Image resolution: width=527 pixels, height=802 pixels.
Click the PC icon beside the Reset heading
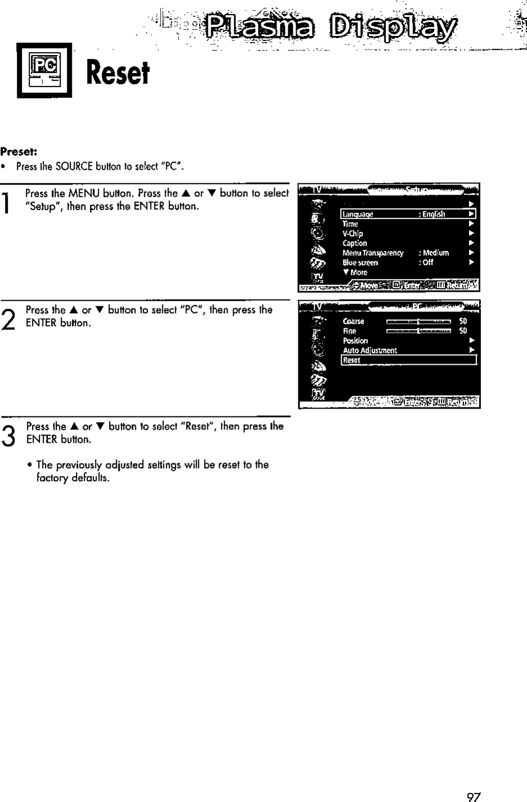coord(44,70)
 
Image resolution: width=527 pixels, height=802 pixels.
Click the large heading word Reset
coord(118,73)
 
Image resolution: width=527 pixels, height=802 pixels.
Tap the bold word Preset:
coord(19,152)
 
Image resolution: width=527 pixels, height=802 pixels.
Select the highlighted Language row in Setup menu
coord(408,214)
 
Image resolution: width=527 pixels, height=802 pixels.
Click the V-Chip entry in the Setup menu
coord(353,233)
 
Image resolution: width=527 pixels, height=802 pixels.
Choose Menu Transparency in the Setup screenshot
coord(373,253)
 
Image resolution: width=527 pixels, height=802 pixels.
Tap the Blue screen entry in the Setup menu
coord(360,263)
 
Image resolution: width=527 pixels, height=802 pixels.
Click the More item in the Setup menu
coord(356,273)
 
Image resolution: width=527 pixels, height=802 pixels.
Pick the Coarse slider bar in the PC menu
coord(419,322)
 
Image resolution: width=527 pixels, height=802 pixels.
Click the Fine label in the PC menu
coord(349,331)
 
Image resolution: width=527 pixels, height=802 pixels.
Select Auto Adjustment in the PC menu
coord(370,351)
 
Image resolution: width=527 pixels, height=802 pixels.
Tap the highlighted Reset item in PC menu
coord(408,360)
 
